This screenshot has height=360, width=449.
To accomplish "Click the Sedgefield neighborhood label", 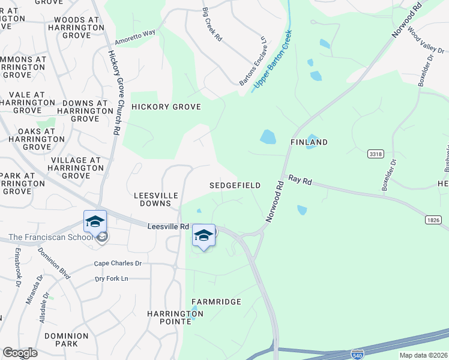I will [235, 186].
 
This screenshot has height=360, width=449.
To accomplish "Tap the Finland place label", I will [309, 142].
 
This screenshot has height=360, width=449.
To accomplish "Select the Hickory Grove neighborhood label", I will [166, 107].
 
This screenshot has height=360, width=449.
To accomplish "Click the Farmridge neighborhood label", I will [216, 301].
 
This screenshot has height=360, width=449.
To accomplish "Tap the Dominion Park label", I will [62, 340].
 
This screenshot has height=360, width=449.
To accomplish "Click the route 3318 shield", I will [375, 154].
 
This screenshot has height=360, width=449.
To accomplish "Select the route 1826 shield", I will [433, 220].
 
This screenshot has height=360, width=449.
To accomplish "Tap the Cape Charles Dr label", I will [118, 263].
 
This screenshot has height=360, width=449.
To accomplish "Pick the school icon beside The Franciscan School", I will [95, 222].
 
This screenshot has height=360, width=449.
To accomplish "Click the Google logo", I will [20, 353].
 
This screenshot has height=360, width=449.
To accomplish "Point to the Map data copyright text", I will [423, 355].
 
